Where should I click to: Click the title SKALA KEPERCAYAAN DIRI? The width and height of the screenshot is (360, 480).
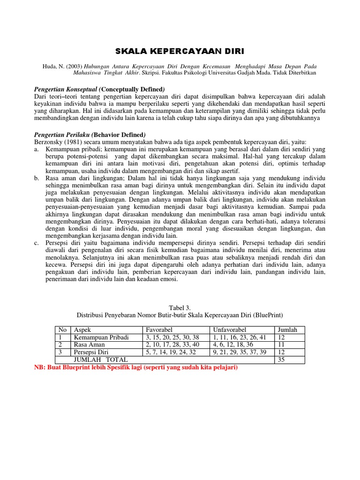coord(180,51)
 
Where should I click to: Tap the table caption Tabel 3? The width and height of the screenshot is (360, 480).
coord(180,307)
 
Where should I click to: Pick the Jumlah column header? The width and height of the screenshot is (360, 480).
coord(287,330)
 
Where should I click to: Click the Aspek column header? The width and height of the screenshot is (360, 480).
coord(82,330)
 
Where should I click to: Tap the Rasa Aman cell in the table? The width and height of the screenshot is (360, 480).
coord(89,345)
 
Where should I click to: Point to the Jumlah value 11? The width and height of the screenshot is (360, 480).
coord(281,345)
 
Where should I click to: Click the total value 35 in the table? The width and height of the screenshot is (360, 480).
coord(282,360)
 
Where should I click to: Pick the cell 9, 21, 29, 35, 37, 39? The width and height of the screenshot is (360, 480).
coord(239,352)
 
